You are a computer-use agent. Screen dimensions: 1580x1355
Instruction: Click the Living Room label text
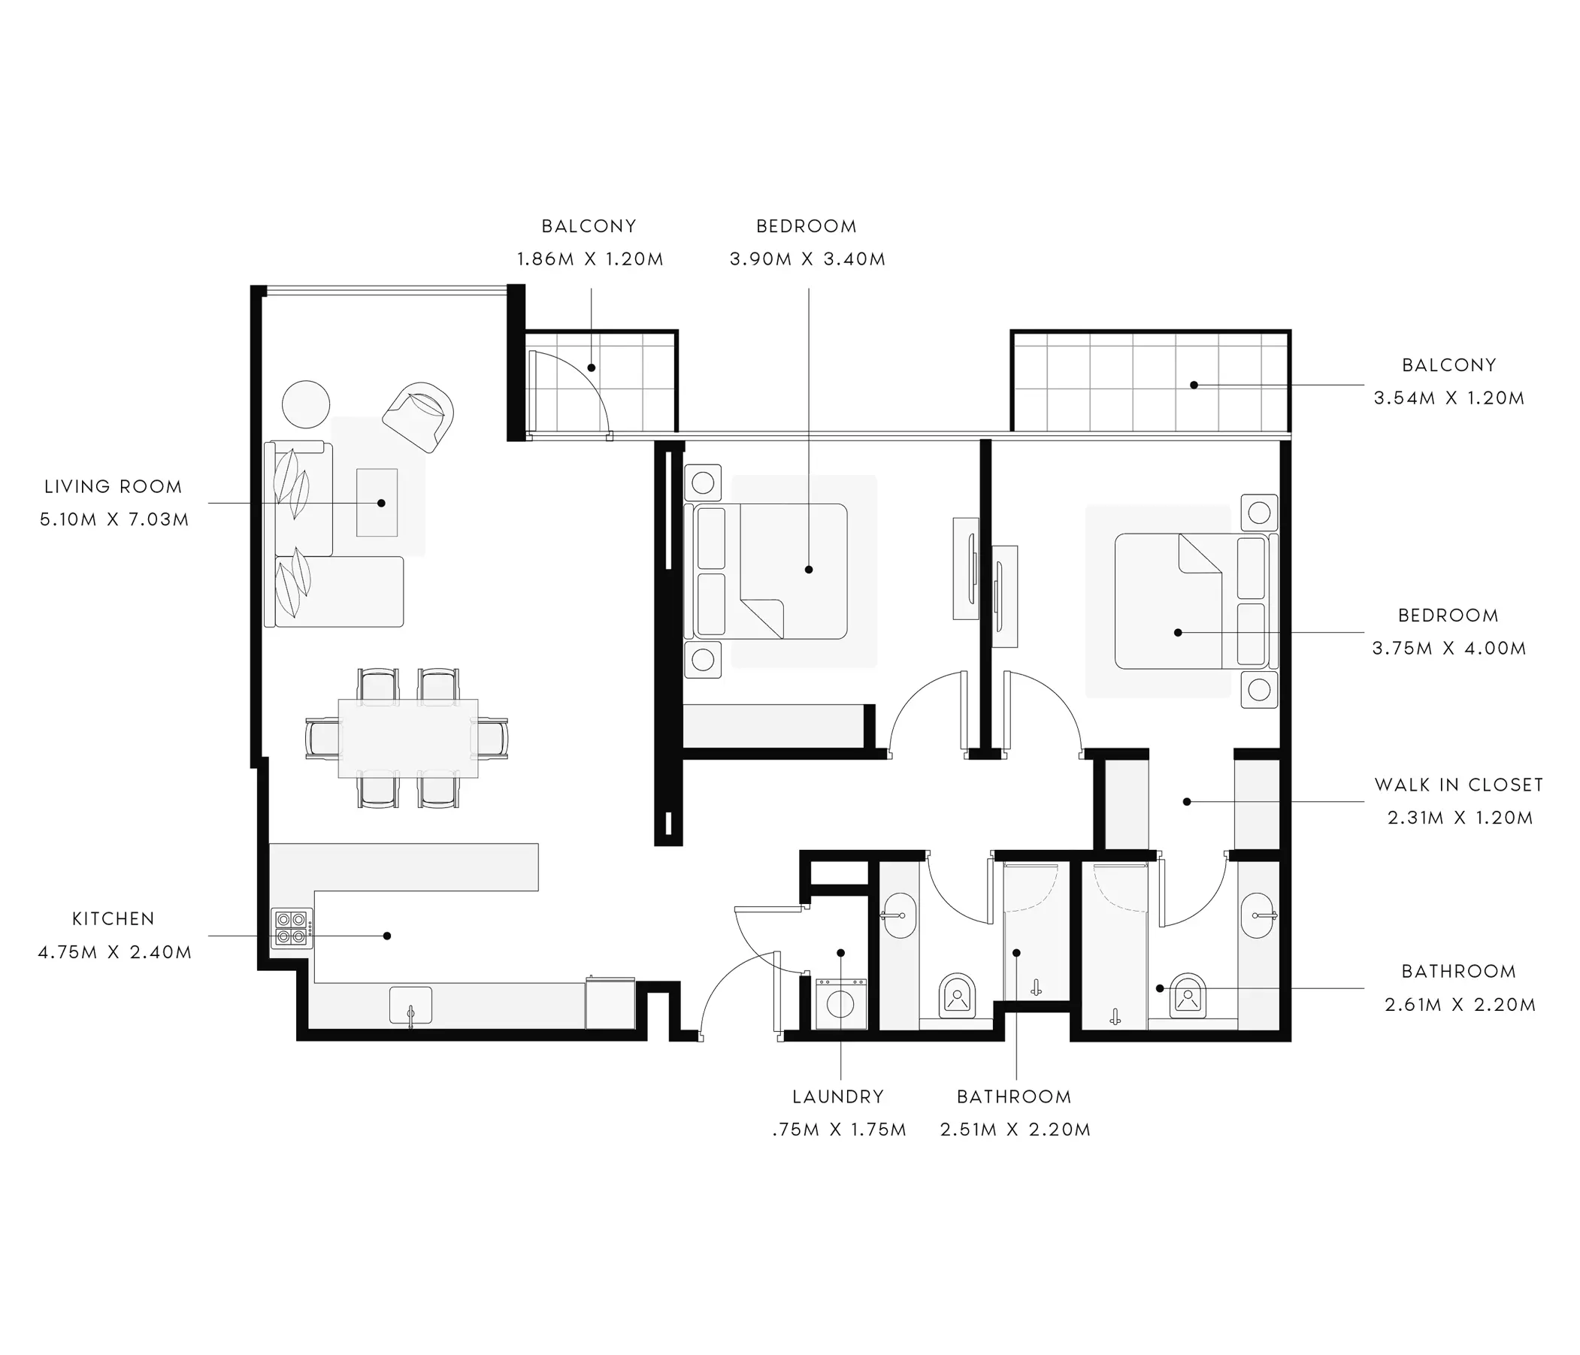[x=113, y=486]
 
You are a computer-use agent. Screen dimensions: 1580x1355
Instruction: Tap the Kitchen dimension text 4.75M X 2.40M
[x=114, y=952]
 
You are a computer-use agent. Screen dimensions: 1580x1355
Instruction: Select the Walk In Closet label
[x=1459, y=785]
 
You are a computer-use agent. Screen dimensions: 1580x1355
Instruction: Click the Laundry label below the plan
[x=838, y=1096]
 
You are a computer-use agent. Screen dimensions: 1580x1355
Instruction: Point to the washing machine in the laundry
[x=840, y=1003]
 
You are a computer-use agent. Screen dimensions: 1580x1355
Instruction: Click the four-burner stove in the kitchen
[x=292, y=928]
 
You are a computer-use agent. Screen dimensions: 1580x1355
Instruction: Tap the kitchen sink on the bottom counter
[x=411, y=1005]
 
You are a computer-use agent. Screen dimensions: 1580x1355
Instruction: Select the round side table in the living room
[x=306, y=405]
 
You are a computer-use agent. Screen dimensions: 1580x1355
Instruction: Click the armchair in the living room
[x=418, y=417]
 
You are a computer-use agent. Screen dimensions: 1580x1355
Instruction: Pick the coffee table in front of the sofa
[x=377, y=503]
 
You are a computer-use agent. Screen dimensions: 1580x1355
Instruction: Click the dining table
[x=408, y=738]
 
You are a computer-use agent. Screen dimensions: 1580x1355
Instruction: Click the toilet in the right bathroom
[x=1188, y=995]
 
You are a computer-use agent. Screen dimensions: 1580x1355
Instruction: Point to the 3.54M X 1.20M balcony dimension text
[x=1449, y=398]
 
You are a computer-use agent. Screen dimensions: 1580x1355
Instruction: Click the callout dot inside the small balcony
[x=591, y=367]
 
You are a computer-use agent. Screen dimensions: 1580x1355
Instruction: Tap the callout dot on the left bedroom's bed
[x=809, y=570]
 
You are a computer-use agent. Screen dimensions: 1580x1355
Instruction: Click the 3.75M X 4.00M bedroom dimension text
[x=1449, y=649]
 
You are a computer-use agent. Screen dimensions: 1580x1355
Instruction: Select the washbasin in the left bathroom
[x=900, y=916]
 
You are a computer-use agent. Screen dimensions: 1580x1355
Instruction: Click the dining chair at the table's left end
[x=322, y=738]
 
